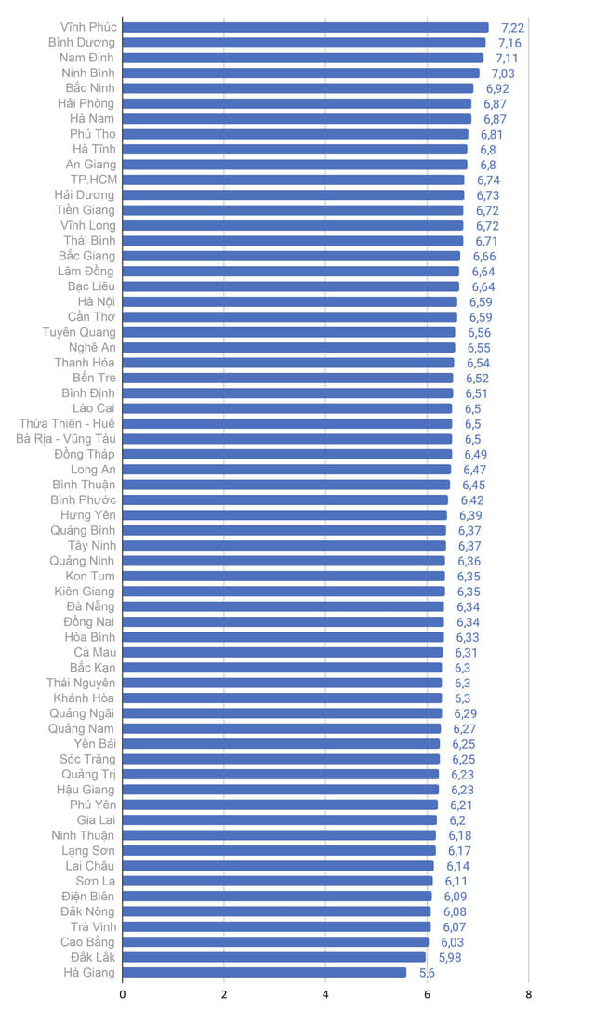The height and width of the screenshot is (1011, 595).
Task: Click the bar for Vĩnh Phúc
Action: (x=305, y=27)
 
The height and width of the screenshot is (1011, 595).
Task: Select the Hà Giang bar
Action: (x=264, y=972)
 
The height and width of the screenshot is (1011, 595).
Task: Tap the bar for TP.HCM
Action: (x=293, y=180)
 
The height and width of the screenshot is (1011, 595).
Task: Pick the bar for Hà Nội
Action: (x=289, y=301)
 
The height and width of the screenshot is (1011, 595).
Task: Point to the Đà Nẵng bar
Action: (x=283, y=606)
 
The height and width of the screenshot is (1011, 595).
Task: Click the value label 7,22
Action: (x=512, y=28)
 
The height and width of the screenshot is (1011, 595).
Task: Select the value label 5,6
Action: (x=427, y=973)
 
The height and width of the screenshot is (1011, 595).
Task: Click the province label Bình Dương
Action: (x=82, y=43)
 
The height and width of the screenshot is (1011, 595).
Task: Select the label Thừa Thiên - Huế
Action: (x=67, y=424)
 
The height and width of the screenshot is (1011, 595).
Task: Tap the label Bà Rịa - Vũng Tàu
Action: (x=66, y=439)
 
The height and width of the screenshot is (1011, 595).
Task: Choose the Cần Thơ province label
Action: (x=92, y=317)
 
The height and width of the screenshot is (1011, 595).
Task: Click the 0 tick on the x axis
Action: (x=123, y=993)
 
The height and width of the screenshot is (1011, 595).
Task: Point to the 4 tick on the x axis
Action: (x=325, y=993)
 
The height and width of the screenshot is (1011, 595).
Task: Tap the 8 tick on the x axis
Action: (x=528, y=993)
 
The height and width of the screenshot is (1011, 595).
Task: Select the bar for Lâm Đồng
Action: (x=290, y=272)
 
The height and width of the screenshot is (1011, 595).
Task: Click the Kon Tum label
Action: (x=90, y=577)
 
